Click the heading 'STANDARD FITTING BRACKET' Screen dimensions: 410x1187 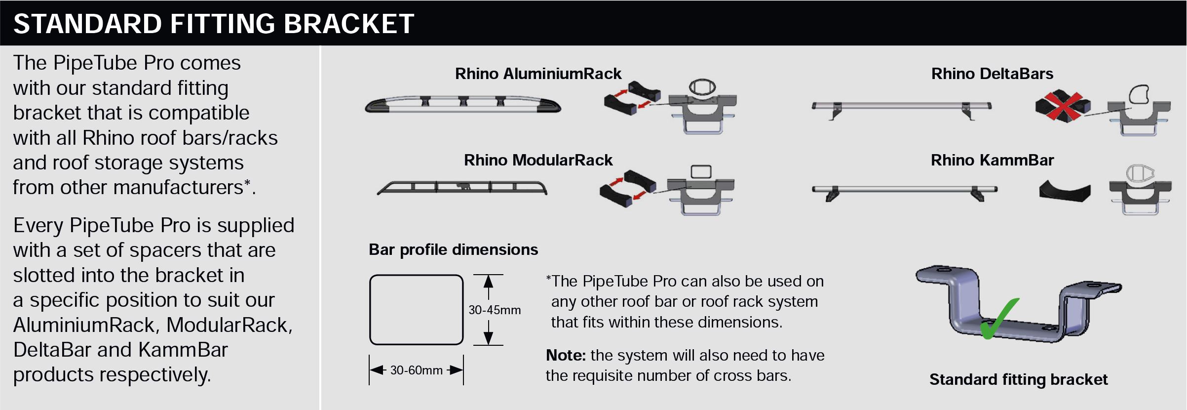pos(214,24)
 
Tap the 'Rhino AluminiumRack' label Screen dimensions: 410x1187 pos(538,74)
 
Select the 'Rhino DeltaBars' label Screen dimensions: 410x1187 pos(992,74)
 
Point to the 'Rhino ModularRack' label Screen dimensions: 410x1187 pos(538,160)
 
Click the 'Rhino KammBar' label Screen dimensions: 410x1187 pos(992,160)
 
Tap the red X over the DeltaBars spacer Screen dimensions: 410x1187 pos(1061,105)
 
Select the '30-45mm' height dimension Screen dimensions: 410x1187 pos(495,310)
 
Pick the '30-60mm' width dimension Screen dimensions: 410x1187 pos(416,370)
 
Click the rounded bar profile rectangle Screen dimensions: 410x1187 pos(416,310)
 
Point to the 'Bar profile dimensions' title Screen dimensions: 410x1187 pos(453,249)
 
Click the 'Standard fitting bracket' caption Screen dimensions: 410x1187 pos(1018,379)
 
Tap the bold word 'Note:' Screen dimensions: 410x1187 pos(566,355)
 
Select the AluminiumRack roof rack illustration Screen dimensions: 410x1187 pos(463,104)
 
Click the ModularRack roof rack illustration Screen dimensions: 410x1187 pos(462,187)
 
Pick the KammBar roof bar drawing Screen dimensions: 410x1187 pos(904,191)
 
